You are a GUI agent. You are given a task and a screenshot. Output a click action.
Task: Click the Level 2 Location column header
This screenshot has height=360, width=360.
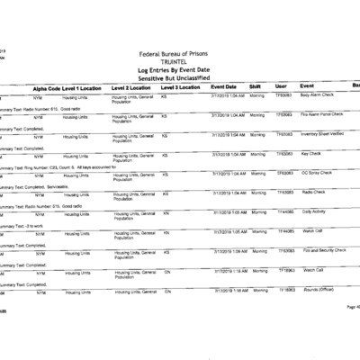[x=134, y=87]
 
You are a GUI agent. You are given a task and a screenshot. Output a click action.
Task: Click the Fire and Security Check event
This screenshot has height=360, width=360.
[x=323, y=249]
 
